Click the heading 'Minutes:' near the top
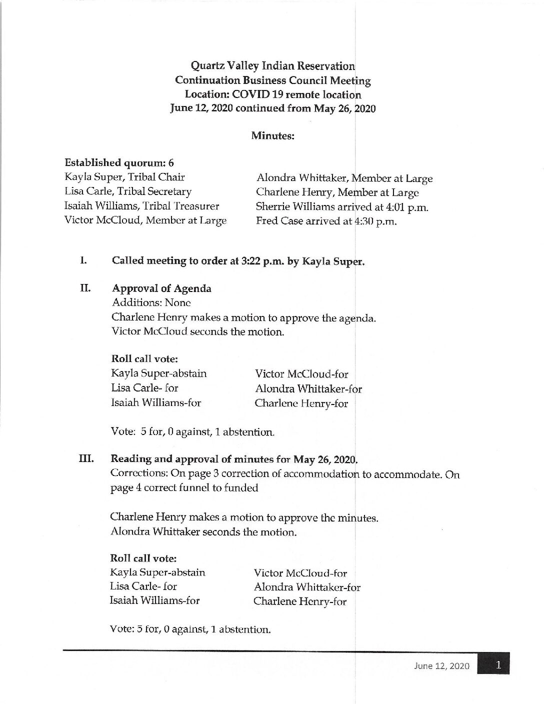pyautogui.click(x=272, y=135)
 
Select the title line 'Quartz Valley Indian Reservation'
pyautogui.click(x=273, y=65)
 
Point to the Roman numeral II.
pyautogui.click(x=83, y=288)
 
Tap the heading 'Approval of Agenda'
pyautogui.click(x=161, y=288)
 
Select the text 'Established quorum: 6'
pyautogui.click(x=119, y=162)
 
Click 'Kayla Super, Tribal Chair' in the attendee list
pyautogui.click(x=124, y=177)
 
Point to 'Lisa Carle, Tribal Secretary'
pyautogui.click(x=128, y=191)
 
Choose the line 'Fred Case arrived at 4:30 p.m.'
pyautogui.click(x=326, y=221)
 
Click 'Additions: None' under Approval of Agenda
pyautogui.click(x=151, y=302)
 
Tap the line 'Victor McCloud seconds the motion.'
pyautogui.click(x=198, y=331)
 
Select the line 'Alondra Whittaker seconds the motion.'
pyautogui.click(x=203, y=532)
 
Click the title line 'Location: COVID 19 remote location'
pyautogui.click(x=272, y=94)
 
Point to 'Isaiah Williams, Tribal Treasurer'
pyautogui.click(x=142, y=206)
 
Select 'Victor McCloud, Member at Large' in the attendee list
pyautogui.click(x=145, y=220)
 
